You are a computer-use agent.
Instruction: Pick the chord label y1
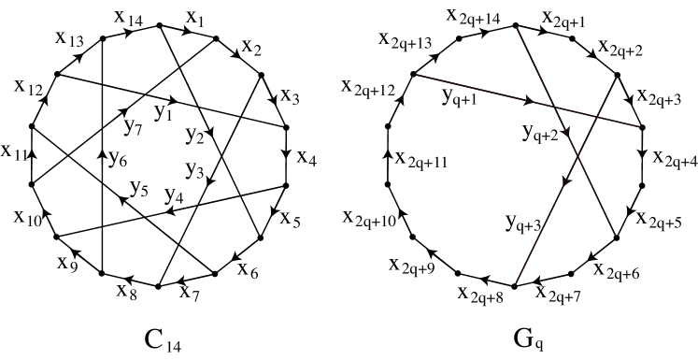click(x=163, y=114)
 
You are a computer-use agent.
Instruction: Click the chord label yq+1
click(x=460, y=96)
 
